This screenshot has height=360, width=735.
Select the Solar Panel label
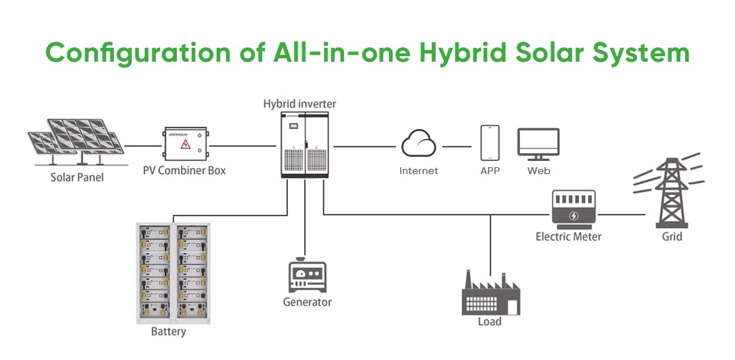[x=77, y=178]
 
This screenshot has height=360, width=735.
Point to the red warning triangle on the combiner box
[x=185, y=144]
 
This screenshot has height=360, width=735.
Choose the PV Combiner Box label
[x=184, y=170]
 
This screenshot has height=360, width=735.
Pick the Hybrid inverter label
[x=300, y=104]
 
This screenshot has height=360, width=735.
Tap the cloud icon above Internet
[x=419, y=144]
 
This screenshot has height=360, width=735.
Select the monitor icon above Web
[x=538, y=144]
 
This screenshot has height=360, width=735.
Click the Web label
[x=539, y=171]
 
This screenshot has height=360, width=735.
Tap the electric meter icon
[x=573, y=208]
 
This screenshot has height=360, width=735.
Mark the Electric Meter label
[x=569, y=237]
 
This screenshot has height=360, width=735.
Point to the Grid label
[x=672, y=237]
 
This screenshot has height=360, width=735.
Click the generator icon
[x=307, y=276]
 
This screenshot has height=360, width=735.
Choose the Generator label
[x=307, y=302]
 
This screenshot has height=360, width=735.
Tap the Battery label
[x=168, y=332]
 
